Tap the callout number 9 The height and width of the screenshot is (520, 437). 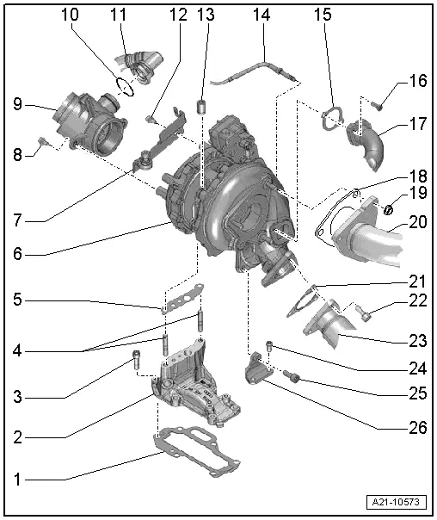[18, 105]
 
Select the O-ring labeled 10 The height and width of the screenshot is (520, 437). [124, 84]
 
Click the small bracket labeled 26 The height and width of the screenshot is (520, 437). [259, 367]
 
